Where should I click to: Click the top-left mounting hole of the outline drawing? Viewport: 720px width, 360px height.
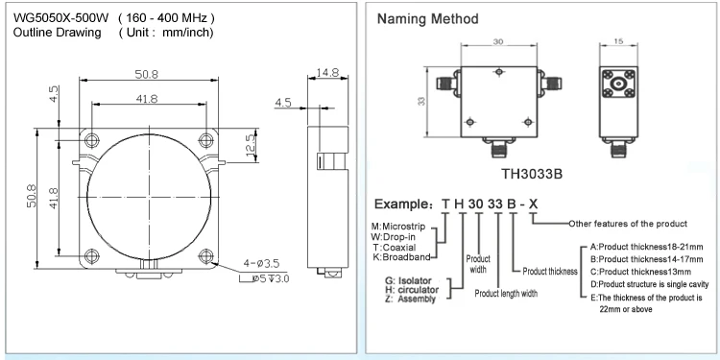click(91, 139)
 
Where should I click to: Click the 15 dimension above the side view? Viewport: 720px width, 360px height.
click(617, 42)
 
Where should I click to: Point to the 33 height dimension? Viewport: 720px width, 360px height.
click(420, 101)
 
